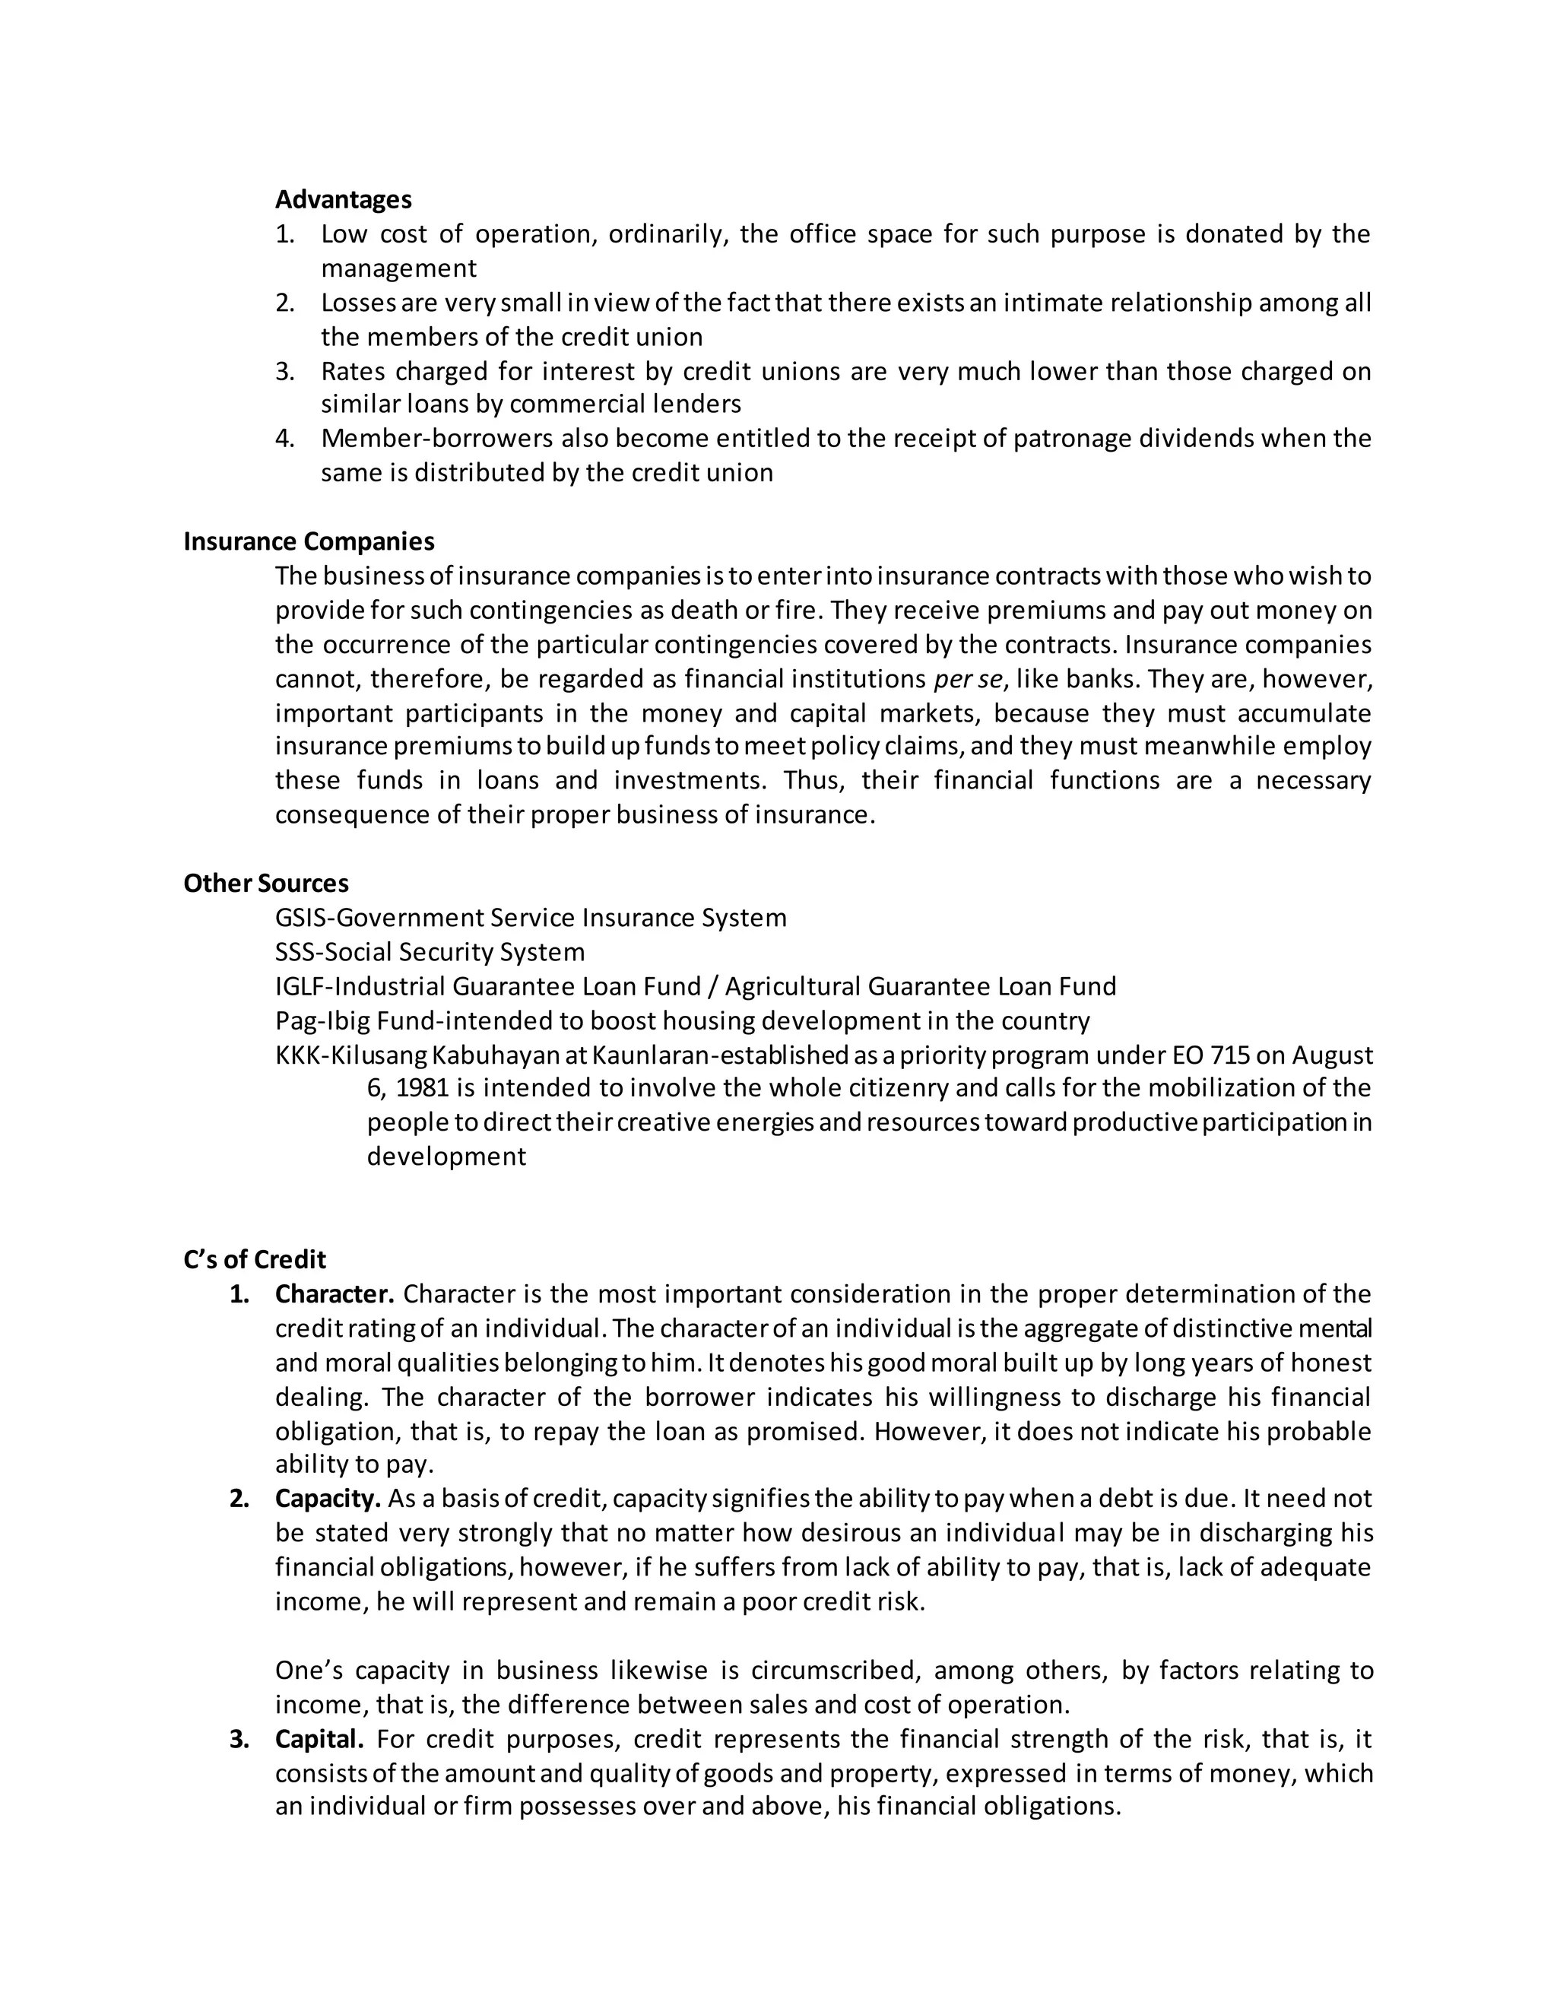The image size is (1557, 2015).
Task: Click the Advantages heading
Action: (x=343, y=199)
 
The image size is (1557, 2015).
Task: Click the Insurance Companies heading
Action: (x=309, y=541)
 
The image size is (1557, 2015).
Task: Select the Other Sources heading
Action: (x=265, y=884)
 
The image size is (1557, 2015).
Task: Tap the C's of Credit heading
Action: (x=255, y=1259)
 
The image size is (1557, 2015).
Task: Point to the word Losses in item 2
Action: (x=359, y=303)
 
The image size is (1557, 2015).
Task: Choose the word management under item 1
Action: (x=398, y=268)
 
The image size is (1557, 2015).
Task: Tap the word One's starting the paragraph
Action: (x=309, y=1671)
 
